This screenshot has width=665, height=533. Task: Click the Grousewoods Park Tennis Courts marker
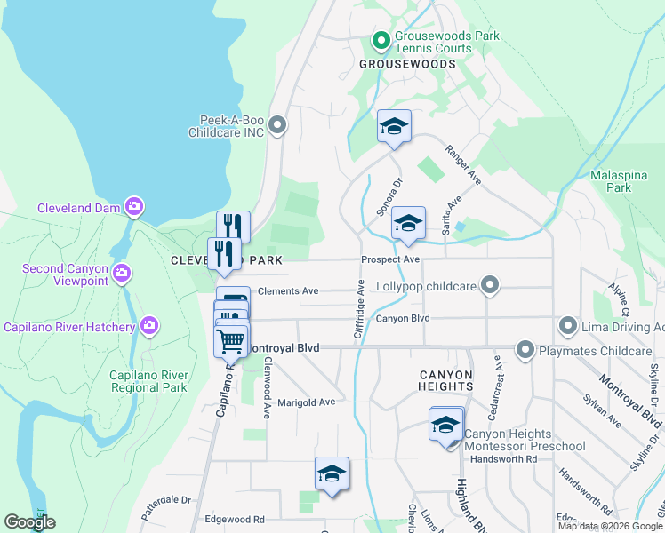tap(381, 40)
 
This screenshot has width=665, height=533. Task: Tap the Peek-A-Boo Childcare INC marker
tap(277, 125)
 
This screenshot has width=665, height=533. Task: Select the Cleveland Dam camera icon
tap(134, 207)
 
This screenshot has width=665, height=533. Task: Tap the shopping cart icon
tap(231, 339)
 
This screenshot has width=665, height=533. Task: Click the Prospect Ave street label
tap(389, 259)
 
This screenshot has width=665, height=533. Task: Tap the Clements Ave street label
tap(287, 290)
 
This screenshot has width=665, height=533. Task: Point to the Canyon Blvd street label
tap(402, 318)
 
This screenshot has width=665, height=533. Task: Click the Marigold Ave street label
tap(305, 402)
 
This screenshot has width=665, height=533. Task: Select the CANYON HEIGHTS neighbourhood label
tap(445, 380)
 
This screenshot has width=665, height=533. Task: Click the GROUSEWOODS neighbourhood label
tap(407, 64)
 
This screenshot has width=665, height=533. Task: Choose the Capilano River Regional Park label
tap(148, 381)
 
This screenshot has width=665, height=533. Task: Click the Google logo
tap(29, 522)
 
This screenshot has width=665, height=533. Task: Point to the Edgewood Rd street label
tap(235, 519)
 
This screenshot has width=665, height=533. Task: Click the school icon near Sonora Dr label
tap(393, 126)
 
